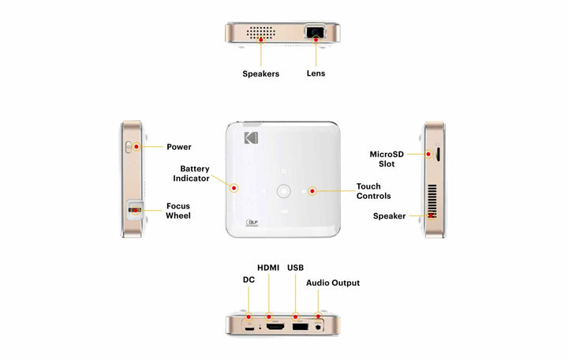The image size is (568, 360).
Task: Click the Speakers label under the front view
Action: click(x=261, y=73)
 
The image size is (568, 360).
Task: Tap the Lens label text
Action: click(x=316, y=73)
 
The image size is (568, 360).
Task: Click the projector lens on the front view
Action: click(x=315, y=32)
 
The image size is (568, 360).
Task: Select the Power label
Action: click(x=179, y=147)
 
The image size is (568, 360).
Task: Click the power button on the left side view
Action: click(x=129, y=147)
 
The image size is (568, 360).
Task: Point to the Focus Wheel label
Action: click(x=178, y=211)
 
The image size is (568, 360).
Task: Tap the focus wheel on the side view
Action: click(x=134, y=210)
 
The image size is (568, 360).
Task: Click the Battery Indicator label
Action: click(x=191, y=174)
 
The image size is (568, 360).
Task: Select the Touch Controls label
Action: click(x=373, y=191)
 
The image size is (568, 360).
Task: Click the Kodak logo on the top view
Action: click(x=251, y=138)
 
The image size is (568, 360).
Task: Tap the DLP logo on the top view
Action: click(x=252, y=222)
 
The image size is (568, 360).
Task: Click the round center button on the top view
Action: click(x=284, y=191)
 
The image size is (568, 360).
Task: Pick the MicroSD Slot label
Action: click(x=387, y=159)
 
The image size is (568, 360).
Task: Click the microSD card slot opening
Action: click(x=438, y=154)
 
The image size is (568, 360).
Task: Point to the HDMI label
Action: click(x=268, y=268)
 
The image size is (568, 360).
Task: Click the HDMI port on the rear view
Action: click(x=275, y=327)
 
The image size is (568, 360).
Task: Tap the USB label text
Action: click(x=296, y=268)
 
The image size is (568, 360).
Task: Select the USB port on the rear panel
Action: click(x=301, y=327)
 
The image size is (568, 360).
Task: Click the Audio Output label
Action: click(x=333, y=283)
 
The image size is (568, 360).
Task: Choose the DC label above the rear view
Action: click(x=248, y=279)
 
